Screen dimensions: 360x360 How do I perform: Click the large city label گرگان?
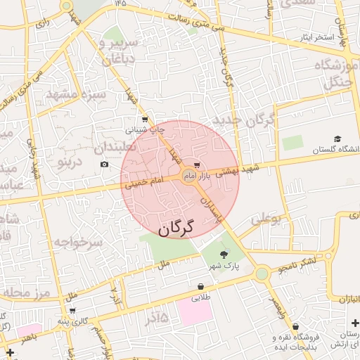point(175,229)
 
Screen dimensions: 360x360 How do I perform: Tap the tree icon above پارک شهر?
point(224,255)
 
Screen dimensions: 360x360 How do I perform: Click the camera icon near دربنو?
point(105,165)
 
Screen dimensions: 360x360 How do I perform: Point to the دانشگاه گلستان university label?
point(334,150)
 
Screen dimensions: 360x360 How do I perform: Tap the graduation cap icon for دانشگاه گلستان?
point(337,139)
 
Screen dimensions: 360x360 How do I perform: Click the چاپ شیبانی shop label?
point(145,129)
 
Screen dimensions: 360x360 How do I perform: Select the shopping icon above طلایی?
point(202,287)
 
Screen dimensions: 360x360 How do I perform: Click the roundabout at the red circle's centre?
point(188,174)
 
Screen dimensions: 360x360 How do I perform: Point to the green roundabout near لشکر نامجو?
point(262,273)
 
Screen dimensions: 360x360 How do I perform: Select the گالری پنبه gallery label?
point(73,321)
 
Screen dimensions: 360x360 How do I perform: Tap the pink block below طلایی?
point(195,311)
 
